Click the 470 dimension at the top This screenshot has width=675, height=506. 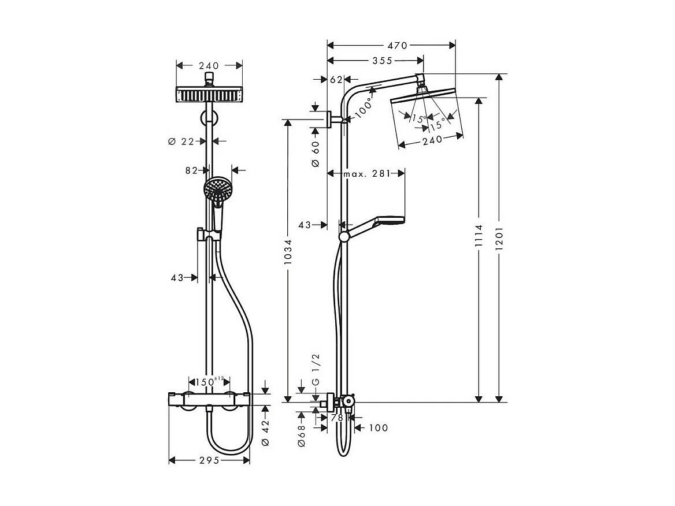(397, 46)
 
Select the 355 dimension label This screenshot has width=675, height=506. (382, 61)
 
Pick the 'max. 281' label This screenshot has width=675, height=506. (366, 173)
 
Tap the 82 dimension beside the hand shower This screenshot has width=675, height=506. (192, 170)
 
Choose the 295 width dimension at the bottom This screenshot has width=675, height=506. (209, 460)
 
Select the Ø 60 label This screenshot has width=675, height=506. (316, 154)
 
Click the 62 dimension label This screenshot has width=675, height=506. (336, 80)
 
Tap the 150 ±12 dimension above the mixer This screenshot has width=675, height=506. (209, 382)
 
